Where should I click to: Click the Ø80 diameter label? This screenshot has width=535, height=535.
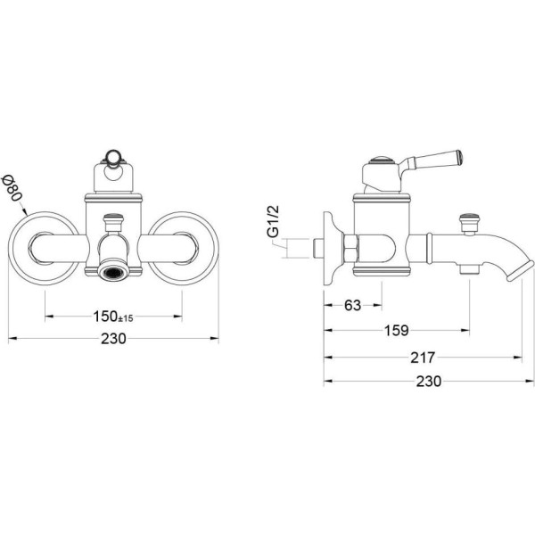[x=12, y=187]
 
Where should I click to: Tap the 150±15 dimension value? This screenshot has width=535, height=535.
[x=113, y=317]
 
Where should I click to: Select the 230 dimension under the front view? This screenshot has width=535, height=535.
[x=113, y=339]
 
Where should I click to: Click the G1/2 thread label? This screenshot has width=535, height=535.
[x=274, y=221]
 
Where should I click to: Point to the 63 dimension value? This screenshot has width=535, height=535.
[x=352, y=305]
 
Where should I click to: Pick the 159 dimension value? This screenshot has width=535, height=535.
[x=397, y=330]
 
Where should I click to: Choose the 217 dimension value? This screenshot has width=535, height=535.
[x=423, y=358]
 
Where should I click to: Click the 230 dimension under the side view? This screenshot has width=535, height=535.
[x=429, y=381]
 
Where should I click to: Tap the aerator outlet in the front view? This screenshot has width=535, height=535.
[x=113, y=270]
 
